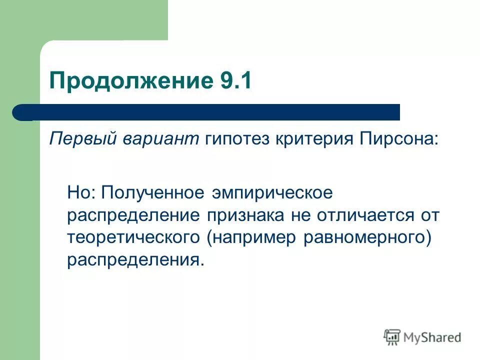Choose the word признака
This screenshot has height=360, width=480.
244,216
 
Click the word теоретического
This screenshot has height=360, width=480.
134,238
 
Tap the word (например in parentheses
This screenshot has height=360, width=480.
251,239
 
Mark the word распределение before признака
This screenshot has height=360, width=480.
131,216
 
